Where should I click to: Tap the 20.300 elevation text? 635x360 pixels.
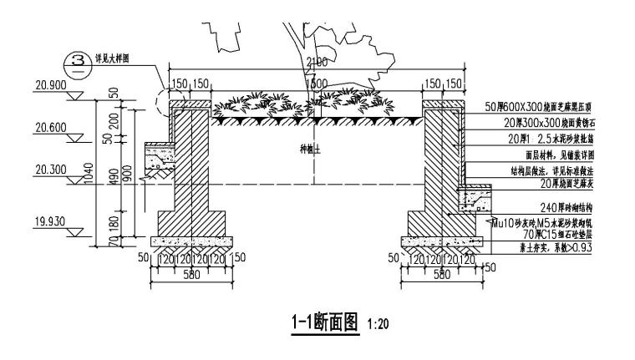click(51, 169)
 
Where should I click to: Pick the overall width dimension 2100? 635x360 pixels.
click(317, 63)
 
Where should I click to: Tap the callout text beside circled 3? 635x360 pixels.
click(116, 58)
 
